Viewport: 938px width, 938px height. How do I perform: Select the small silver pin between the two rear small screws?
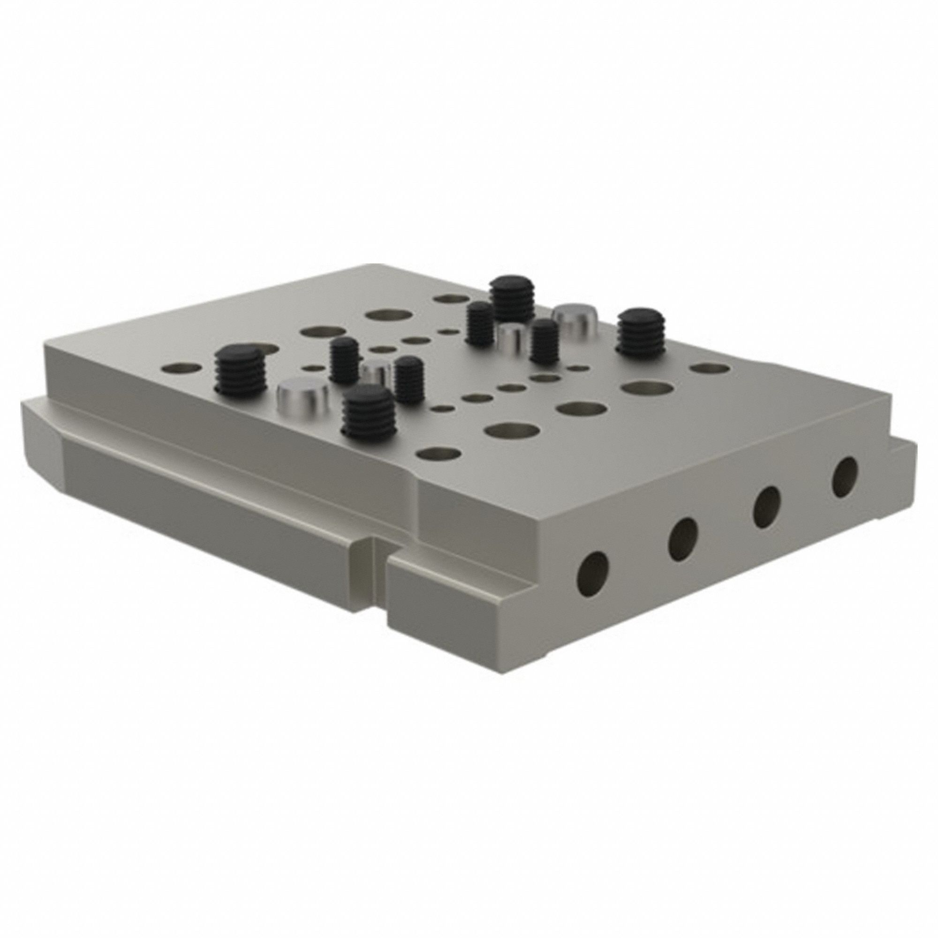point(513,338)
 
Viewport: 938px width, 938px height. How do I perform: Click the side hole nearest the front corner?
point(593,568)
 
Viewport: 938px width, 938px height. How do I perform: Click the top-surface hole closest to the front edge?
point(439,454)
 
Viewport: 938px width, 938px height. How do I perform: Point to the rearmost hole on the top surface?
point(449,299)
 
